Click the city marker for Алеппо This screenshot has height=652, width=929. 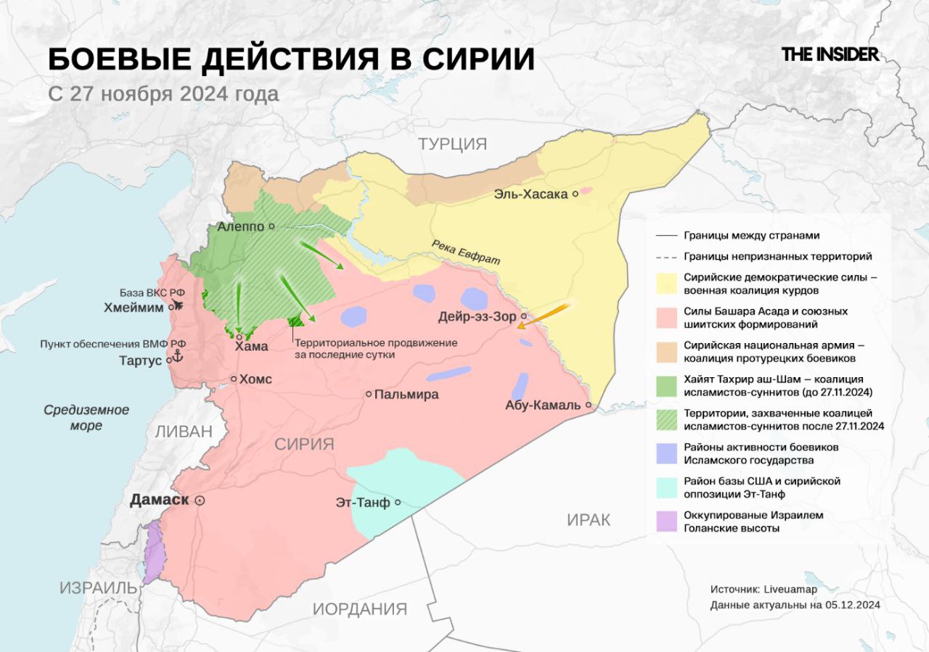pos(271,226)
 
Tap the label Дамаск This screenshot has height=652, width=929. pos(159,500)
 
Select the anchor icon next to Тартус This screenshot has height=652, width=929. pos(174,357)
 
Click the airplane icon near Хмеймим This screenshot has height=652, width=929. pos(179,302)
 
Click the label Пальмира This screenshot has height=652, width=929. pos(406,395)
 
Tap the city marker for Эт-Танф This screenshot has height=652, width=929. pos(398,502)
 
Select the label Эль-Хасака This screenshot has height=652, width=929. pos(531,194)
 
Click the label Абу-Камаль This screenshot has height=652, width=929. pos(542,405)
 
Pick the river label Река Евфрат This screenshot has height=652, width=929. pos(464,252)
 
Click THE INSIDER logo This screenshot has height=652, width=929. pos(830,54)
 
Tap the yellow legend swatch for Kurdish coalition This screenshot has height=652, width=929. pos(666,284)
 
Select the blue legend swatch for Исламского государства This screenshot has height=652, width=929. pos(666,453)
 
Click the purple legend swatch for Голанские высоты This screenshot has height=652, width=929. pos(666,521)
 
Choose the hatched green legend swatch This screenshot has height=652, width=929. pos(666,419)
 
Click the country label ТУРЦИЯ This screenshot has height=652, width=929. pos(452,144)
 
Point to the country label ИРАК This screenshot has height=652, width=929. pos(588,519)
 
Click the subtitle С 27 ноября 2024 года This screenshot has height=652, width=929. pos(163,94)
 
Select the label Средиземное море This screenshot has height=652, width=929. pos(86,417)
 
